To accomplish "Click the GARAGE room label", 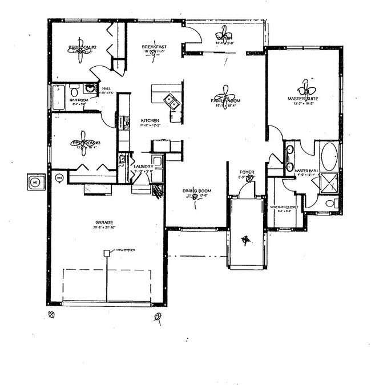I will [x=107, y=222].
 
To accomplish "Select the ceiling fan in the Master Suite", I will [x=307, y=90].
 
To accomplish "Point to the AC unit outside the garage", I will [x=35, y=183].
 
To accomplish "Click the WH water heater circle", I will [x=59, y=179].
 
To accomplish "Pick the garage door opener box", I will [x=106, y=253].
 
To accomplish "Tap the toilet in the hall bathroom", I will [x=74, y=90].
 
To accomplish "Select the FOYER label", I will [x=247, y=172].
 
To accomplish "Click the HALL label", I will [x=106, y=89].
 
